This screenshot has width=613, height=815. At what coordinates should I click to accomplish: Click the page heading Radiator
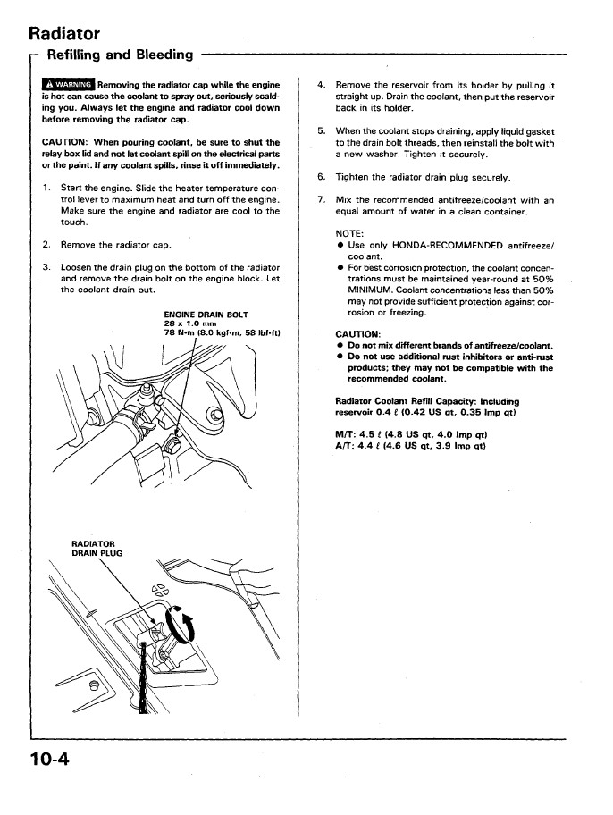64,34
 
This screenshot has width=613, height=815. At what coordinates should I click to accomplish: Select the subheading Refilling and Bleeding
120,55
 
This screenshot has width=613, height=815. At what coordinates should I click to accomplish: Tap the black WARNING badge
69,86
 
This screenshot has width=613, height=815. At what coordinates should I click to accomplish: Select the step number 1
46,189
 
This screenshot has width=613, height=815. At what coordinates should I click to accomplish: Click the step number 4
321,86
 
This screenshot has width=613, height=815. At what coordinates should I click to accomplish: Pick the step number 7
321,200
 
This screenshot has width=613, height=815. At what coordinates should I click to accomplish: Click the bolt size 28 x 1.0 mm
191,324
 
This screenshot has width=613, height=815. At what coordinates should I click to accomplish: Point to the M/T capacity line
410,435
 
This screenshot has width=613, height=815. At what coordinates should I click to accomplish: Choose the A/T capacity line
410,446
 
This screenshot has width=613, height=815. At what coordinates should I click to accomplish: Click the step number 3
46,267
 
